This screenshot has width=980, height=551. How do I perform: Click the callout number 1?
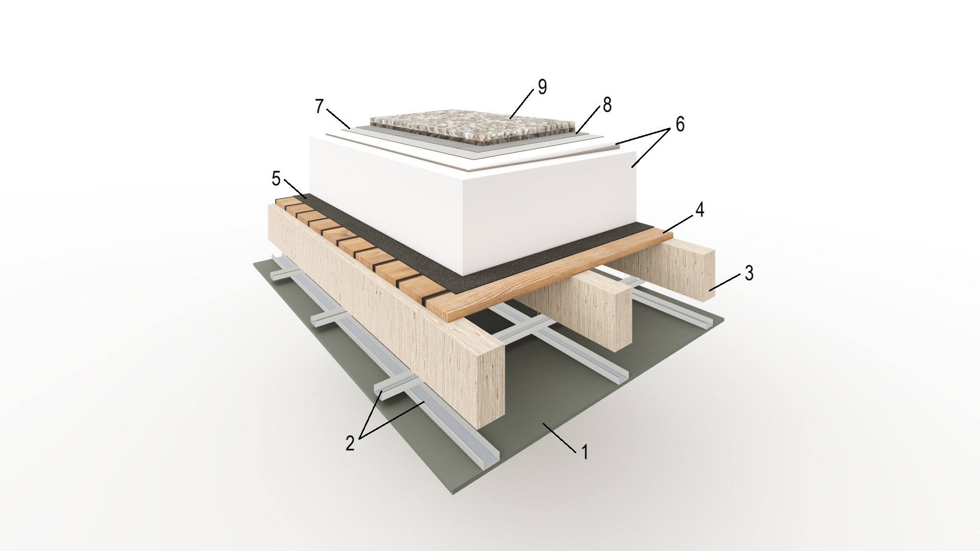pos(585,452)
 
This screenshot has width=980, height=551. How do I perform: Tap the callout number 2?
pos(350,443)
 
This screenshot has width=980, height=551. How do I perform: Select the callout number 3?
pos(749,273)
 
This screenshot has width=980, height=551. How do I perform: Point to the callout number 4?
pos(700,209)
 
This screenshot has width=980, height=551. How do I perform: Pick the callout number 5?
pos(276,179)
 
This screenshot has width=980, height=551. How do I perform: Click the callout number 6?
pos(680,124)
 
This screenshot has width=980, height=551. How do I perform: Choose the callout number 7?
pos(320,106)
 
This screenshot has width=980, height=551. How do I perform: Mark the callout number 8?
pos(607,105)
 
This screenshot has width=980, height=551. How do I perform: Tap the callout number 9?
pos(542,87)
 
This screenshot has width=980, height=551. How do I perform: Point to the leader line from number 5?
pos(295,189)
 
